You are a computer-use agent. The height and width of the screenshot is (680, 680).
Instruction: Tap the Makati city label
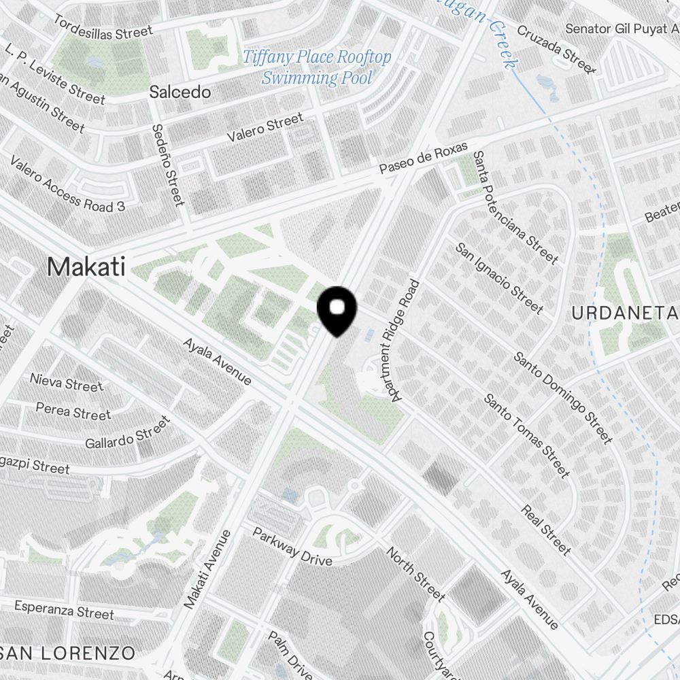coord(86,267)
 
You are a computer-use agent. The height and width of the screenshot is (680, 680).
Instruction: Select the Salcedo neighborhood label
coord(180,92)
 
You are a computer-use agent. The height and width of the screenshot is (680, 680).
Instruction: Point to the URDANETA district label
coord(625,313)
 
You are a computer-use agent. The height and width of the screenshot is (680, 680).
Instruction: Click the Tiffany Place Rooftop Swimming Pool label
coord(317,67)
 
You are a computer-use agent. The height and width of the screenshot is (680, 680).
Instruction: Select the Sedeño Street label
coord(168,165)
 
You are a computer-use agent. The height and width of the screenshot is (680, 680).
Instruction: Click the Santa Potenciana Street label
coord(516,208)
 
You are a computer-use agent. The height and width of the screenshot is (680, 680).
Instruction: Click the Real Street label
coord(546,529)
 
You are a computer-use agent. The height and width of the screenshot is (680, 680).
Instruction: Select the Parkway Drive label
coord(292,546)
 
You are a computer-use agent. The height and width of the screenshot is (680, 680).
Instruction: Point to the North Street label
coord(415,575)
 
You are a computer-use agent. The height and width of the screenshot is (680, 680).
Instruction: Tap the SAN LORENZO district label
coord(68,653)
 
